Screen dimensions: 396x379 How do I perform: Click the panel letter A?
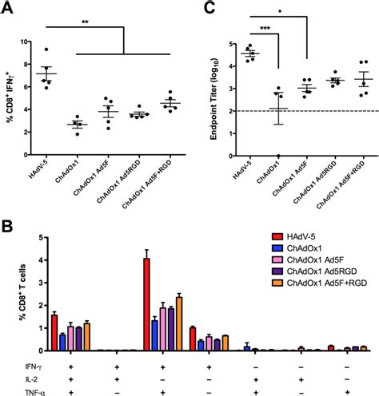[x=7, y=7]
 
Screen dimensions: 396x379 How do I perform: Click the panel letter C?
[x=209, y=7]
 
